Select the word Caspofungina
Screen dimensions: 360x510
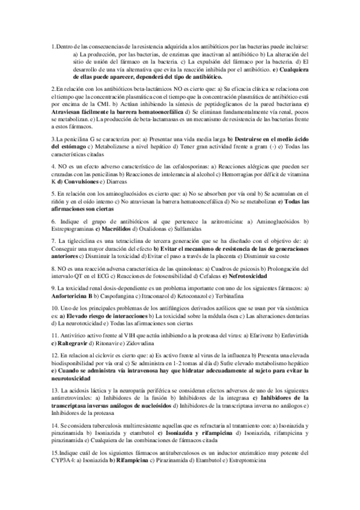pyautogui.click(x=118, y=296)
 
